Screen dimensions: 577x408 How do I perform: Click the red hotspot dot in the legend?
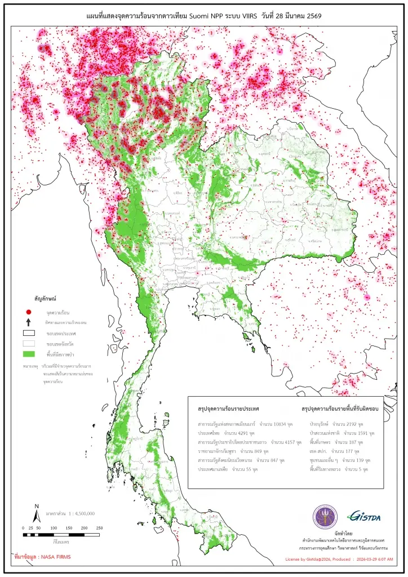tap(28, 312)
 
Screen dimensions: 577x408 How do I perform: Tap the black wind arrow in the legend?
tap(28, 322)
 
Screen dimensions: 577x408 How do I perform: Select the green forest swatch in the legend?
tap(28, 353)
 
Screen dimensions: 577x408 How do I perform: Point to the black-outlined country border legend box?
tap(28, 333)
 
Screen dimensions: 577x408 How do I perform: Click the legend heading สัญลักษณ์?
tap(47, 296)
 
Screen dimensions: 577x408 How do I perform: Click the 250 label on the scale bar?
tap(99, 528)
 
